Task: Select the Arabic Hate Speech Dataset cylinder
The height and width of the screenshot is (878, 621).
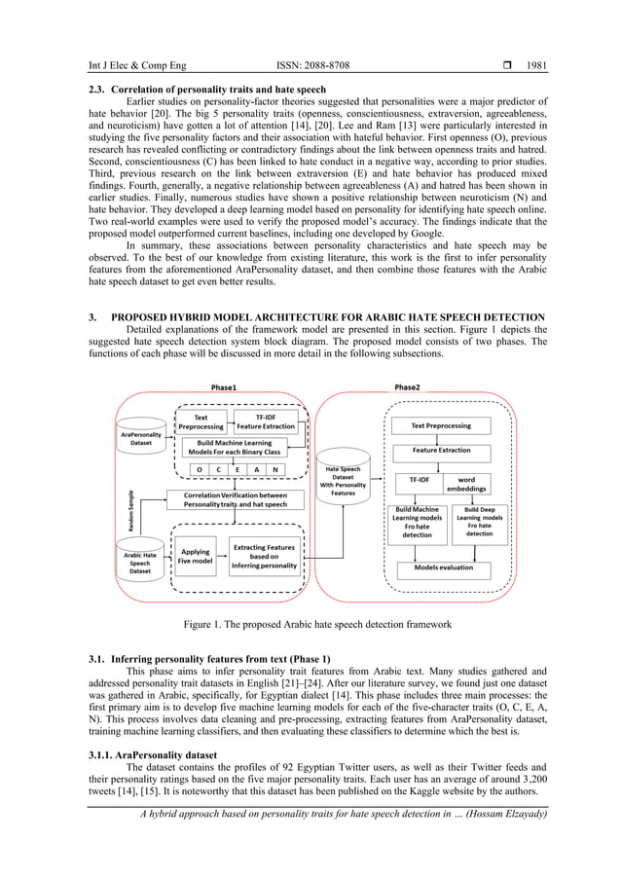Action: tap(141, 563)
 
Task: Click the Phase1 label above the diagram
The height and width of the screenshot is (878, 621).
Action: tap(223, 387)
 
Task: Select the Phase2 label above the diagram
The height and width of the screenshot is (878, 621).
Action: tap(408, 387)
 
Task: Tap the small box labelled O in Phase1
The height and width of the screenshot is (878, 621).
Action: tap(199, 469)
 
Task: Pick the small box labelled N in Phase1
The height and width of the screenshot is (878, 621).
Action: tap(275, 469)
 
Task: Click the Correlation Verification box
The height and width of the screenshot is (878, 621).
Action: tap(237, 498)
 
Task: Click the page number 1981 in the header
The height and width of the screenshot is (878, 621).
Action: tap(536, 66)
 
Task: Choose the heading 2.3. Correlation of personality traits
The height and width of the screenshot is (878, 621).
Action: tap(195, 89)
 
